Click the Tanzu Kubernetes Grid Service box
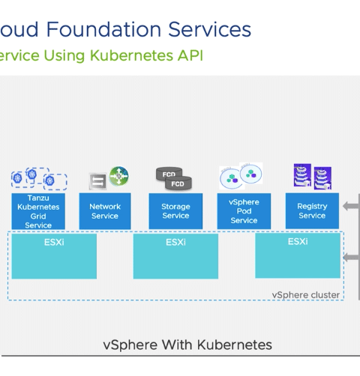tap(38, 211)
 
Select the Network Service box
tap(105, 211)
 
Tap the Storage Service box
tap(175, 211)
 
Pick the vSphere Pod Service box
tap(244, 211)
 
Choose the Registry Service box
tap(312, 210)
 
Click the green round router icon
tap(119, 176)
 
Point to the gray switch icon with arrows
tap(97, 181)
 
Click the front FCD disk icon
tap(178, 184)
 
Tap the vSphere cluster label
tap(306, 295)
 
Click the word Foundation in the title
tap(103, 29)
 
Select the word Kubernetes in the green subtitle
tap(131, 55)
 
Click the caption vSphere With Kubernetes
tap(187, 345)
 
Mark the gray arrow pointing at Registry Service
tap(351, 206)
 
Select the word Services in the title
tap(209, 29)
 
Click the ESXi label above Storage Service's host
tap(175, 242)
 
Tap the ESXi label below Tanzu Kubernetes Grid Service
tap(54, 242)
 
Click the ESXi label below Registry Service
tap(298, 241)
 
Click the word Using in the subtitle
tap(64, 55)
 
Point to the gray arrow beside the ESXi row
tap(351, 257)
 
